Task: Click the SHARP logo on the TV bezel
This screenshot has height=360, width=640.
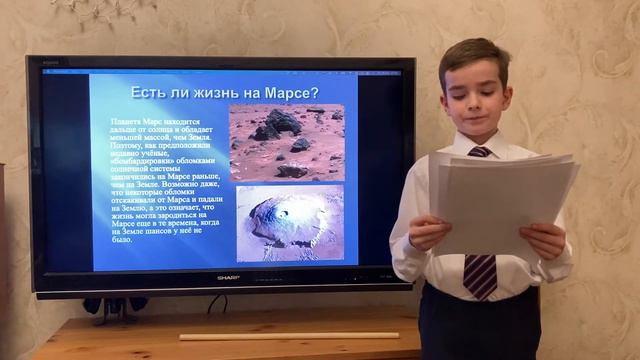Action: click(225, 277)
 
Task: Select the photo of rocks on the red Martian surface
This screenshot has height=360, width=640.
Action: click(286, 141)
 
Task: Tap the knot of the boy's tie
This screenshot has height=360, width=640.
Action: click(480, 153)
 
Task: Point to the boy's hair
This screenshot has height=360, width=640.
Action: click(476, 55)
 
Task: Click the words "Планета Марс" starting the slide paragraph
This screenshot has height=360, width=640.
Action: click(141, 121)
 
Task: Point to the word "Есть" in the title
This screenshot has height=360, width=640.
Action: click(150, 93)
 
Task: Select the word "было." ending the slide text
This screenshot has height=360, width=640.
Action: click(123, 240)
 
